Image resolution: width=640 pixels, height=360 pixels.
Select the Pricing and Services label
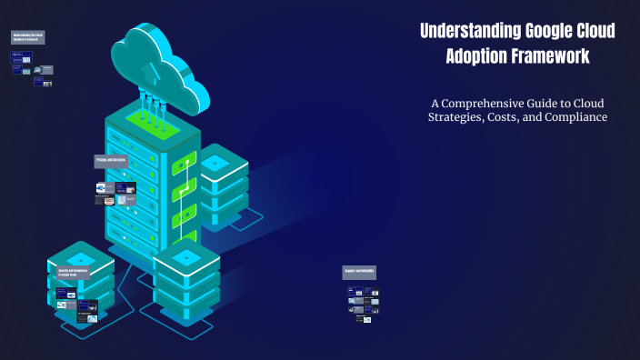tap(111, 160)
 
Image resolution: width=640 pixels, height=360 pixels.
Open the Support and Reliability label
tap(359, 272)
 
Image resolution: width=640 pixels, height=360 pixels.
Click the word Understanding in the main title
tap(471, 32)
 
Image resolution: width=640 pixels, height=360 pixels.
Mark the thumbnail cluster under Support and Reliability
tap(362, 305)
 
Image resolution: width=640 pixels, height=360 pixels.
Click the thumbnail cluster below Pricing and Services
tap(115, 193)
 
